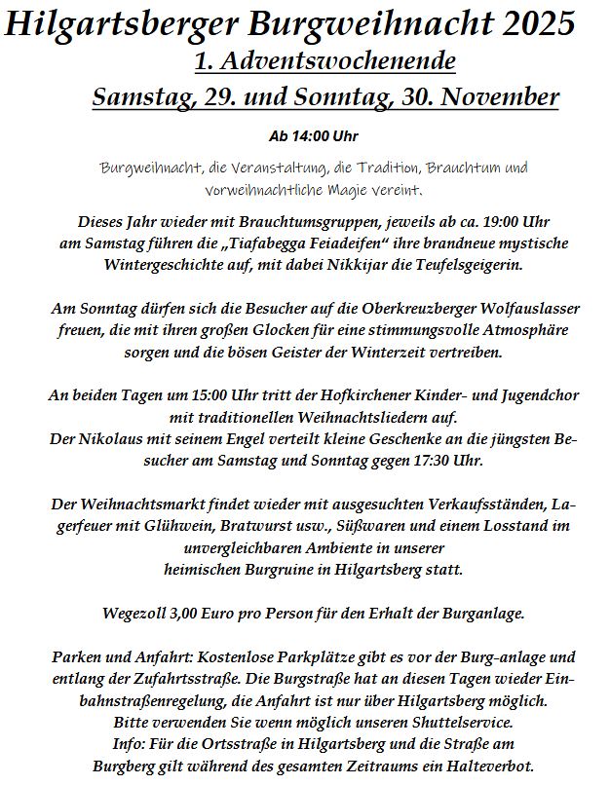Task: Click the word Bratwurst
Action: tap(241, 526)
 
